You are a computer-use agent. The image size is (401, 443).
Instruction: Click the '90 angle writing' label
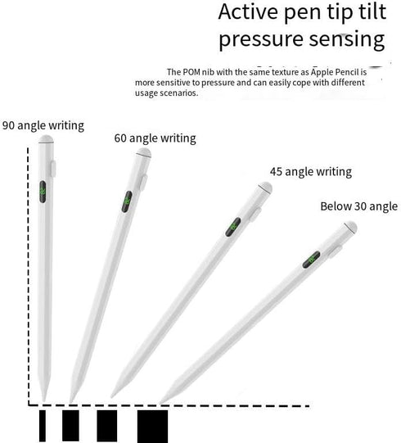[43, 126]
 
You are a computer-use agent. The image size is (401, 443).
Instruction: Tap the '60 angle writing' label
[155, 138]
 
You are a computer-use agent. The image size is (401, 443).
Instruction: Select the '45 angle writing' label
[311, 172]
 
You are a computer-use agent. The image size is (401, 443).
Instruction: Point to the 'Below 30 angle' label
[359, 206]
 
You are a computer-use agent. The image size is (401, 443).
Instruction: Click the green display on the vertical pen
[43, 192]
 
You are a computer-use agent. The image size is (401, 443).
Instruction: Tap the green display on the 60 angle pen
[127, 201]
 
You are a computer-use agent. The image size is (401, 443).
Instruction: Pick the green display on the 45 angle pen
[233, 227]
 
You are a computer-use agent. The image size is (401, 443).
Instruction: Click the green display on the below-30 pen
[311, 260]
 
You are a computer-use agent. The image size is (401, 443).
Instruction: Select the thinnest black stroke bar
[42, 426]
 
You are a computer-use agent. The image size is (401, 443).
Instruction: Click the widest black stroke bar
[152, 426]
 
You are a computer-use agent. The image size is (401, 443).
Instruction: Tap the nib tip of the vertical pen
[43, 400]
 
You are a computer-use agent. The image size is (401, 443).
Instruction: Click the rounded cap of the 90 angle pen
[46, 139]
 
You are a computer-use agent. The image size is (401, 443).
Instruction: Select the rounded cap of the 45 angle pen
[266, 187]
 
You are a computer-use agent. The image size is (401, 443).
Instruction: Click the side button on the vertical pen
[53, 169]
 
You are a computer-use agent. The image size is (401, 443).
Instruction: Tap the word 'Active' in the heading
[248, 11]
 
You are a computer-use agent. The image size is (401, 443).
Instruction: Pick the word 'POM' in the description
[191, 72]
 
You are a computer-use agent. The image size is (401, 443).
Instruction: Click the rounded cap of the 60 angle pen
[144, 153]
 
